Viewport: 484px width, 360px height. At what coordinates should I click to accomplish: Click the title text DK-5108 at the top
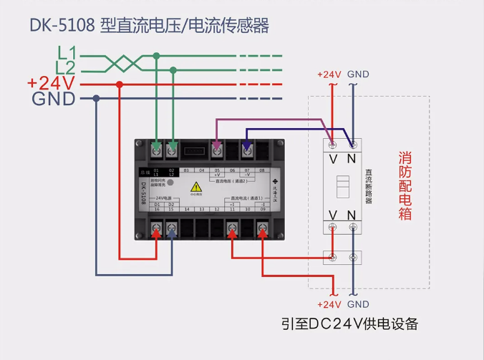click(x=62, y=26)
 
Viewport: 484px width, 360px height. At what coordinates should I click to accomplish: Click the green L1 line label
click(x=67, y=52)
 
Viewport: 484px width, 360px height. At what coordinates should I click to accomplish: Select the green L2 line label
click(x=66, y=68)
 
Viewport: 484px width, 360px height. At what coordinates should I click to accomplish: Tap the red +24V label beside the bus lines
click(x=52, y=84)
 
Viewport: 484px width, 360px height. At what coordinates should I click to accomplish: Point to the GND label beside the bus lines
click(x=54, y=99)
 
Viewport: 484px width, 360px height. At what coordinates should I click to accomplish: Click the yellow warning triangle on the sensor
click(x=196, y=188)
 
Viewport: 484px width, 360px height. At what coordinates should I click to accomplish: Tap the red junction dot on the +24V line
click(x=120, y=84)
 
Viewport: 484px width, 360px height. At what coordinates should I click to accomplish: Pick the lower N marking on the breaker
click(x=352, y=215)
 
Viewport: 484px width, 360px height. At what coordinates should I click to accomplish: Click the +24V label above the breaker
click(x=329, y=74)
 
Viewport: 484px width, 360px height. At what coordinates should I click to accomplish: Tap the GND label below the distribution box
click(x=358, y=304)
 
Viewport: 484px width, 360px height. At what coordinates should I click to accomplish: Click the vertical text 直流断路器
click(x=368, y=185)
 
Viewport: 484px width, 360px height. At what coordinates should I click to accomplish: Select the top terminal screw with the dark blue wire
click(x=246, y=150)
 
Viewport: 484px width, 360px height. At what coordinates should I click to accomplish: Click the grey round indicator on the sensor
click(x=170, y=183)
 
